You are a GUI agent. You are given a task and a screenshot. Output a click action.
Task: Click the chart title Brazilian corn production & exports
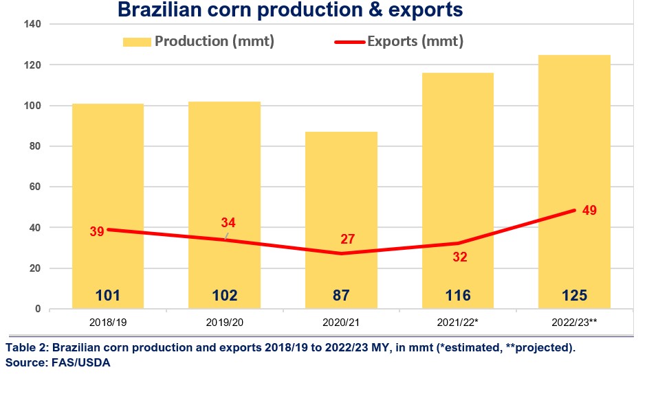(x=289, y=10)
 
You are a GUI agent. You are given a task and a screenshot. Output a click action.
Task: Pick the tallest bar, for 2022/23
(x=574, y=137)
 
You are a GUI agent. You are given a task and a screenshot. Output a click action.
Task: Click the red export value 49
(x=589, y=209)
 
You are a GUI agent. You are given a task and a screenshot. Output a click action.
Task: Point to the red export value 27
(x=349, y=239)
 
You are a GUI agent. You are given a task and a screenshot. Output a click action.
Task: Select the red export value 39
(x=97, y=231)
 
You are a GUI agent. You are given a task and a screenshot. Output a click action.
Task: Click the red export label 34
(x=228, y=222)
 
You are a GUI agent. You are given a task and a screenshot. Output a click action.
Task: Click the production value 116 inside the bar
(x=458, y=296)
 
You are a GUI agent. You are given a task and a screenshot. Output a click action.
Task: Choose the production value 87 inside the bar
(x=341, y=296)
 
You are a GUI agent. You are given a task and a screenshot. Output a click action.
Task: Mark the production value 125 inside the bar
(x=574, y=296)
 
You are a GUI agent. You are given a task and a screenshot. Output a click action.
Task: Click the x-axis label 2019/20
(x=225, y=321)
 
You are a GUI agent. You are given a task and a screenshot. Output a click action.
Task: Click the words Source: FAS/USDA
(x=58, y=362)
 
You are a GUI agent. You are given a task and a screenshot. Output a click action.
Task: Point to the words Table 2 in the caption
(x=23, y=348)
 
